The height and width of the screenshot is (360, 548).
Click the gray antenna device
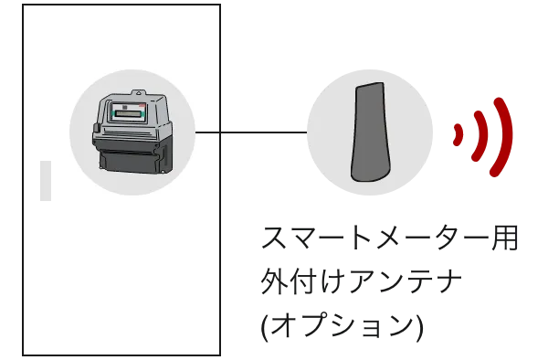coord(371,132)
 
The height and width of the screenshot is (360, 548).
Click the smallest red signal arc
coord(458,133)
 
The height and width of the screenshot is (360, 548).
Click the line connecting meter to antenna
coord(251,133)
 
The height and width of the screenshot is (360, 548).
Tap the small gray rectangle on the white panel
coord(46,180)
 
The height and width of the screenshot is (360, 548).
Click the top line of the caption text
coord(387,241)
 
